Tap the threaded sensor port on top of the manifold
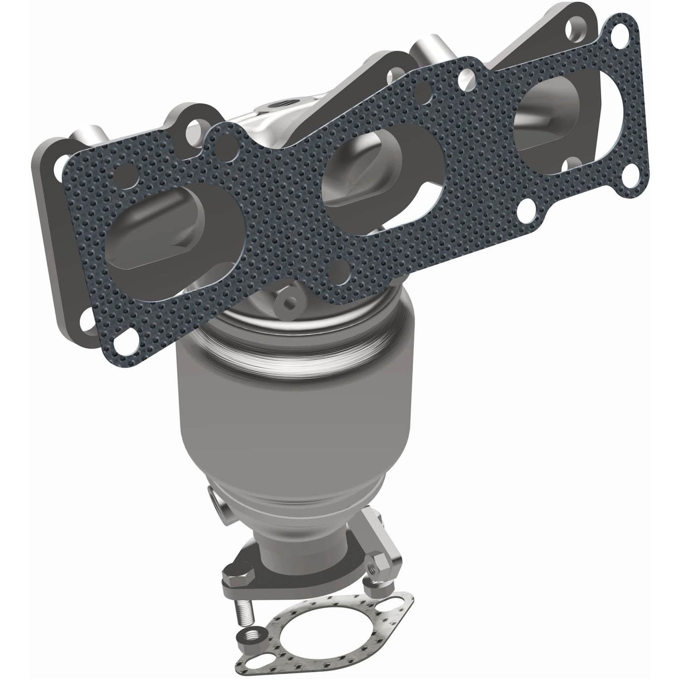click(273, 105)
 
